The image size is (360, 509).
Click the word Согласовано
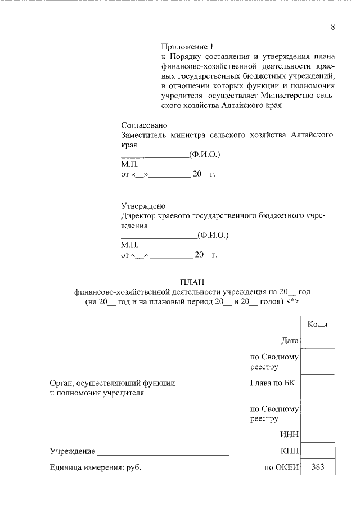point(145,125)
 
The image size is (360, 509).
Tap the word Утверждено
point(143,206)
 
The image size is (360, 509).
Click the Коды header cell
point(318,325)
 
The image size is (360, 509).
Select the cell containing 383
point(318,466)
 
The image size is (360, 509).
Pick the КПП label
point(289,451)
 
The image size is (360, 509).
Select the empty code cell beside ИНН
point(318,434)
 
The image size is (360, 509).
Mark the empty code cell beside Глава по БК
point(318,388)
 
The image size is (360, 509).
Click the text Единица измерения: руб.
point(94,467)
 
